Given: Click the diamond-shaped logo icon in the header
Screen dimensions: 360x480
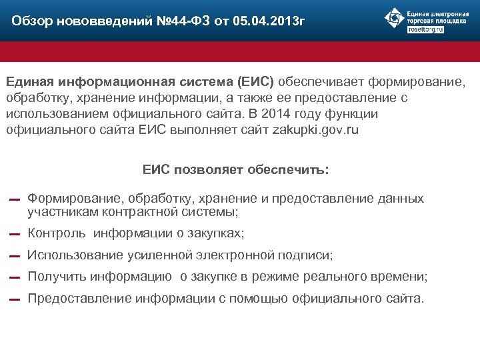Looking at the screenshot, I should (394, 19).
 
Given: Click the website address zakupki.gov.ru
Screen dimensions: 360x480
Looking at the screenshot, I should (315, 130).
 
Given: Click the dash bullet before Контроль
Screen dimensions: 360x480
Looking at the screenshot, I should (14, 235).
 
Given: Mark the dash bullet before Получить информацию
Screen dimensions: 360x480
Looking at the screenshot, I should (14, 278).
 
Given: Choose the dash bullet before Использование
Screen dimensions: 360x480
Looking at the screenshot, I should (14, 256).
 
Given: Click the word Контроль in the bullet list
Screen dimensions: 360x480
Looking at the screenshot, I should (57, 233).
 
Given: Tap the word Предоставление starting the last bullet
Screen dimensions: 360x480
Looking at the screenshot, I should (79, 299).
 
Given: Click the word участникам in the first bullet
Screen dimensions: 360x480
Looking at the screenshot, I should (63, 212).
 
